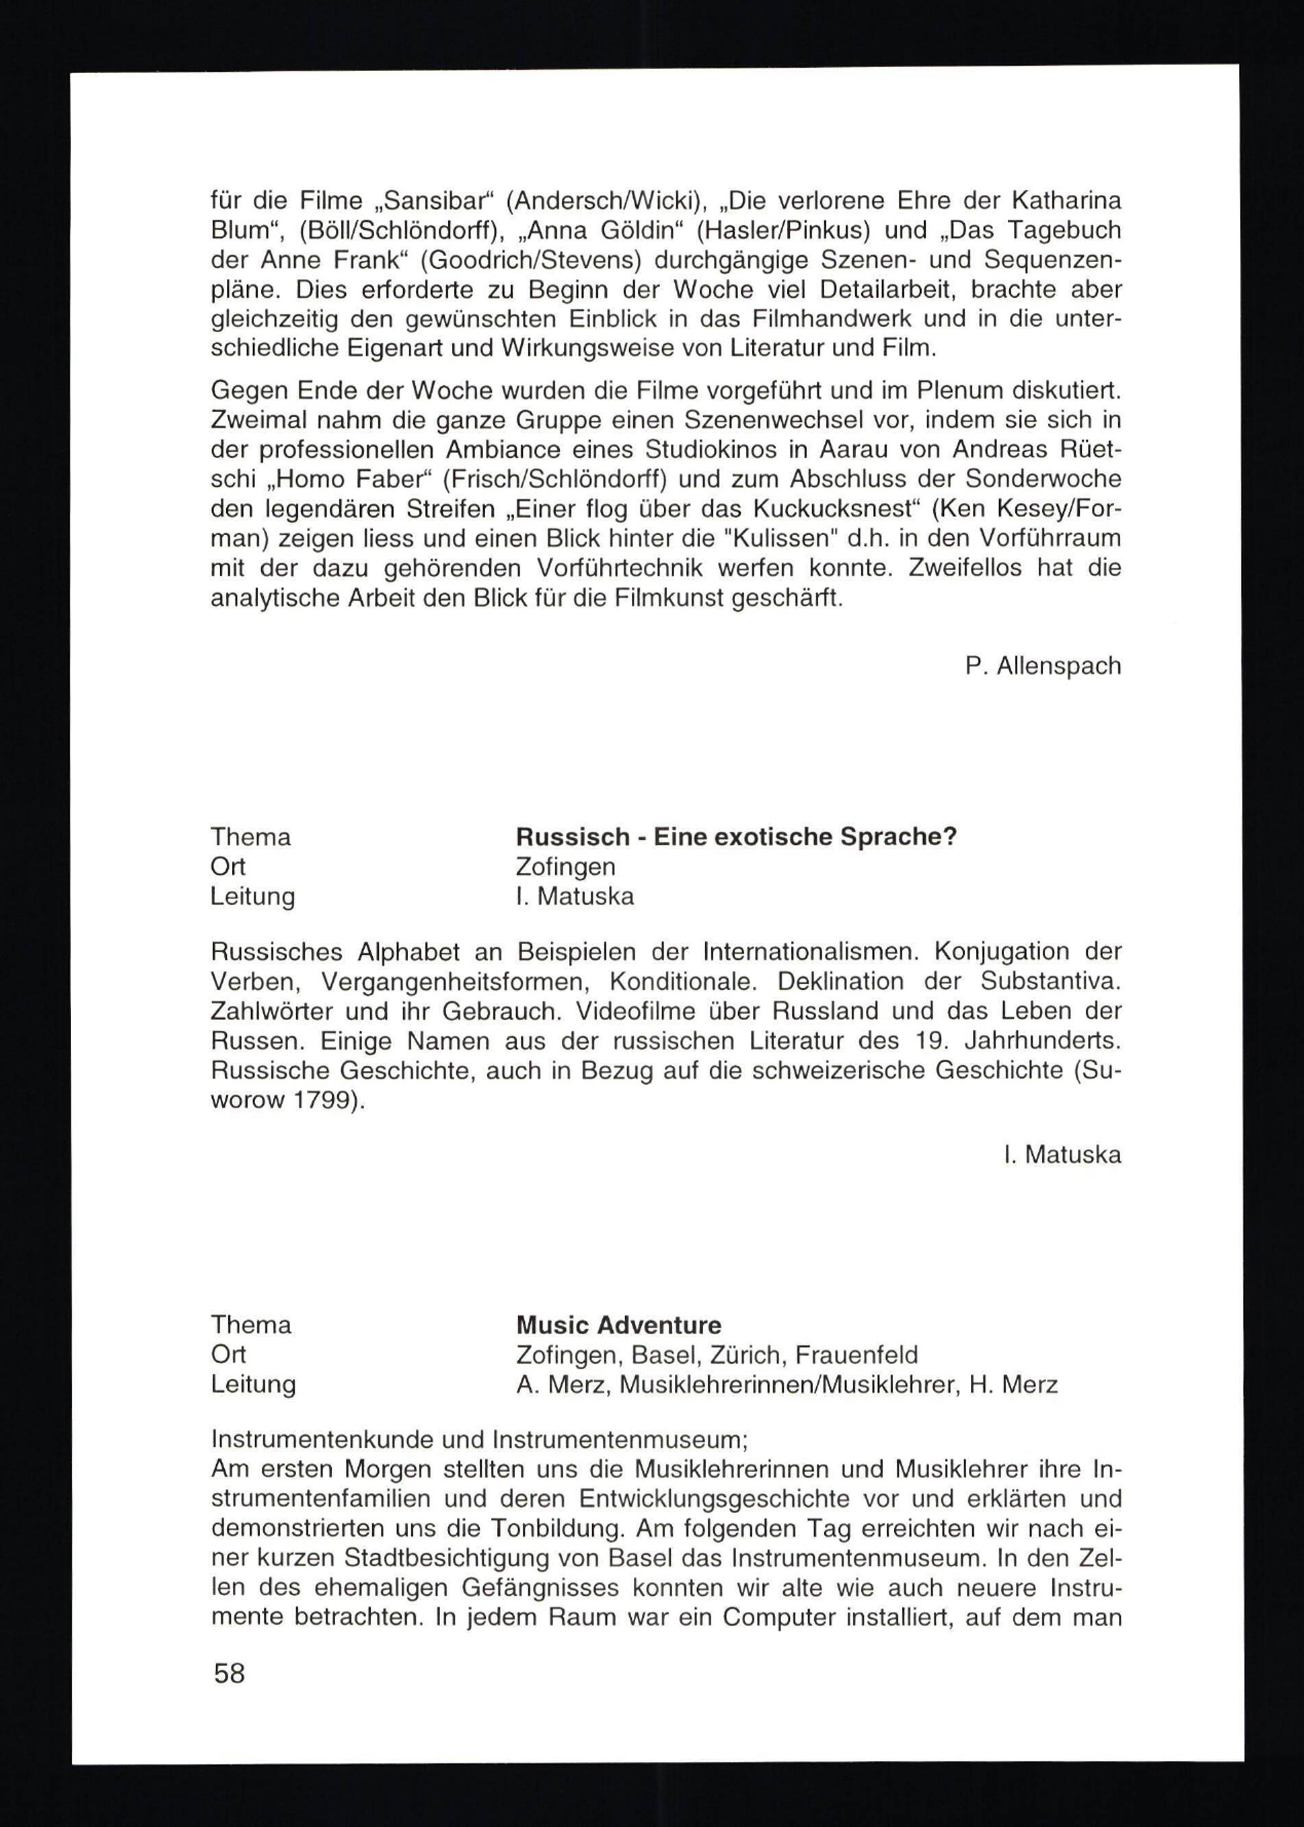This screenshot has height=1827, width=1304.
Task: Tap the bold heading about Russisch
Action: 736,838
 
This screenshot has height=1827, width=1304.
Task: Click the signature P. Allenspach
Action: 1043,666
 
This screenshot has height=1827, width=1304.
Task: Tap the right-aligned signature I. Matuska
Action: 1062,1155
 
